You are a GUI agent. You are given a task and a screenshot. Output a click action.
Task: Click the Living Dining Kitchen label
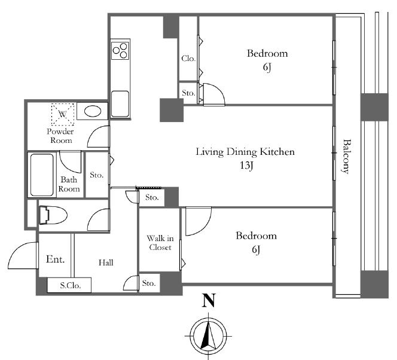click(x=245, y=152)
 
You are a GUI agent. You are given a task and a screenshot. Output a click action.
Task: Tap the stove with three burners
click(x=120, y=50)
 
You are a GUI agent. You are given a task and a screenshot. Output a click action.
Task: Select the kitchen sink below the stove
click(x=120, y=104)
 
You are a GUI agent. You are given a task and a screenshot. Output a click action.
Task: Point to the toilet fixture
click(x=53, y=215)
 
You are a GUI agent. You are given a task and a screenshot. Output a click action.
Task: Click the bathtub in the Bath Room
click(x=42, y=175)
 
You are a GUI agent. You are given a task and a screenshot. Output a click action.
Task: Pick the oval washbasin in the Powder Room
click(x=93, y=111)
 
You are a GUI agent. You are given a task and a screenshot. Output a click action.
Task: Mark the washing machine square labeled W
click(x=63, y=114)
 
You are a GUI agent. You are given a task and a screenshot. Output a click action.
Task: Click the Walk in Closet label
click(x=160, y=243)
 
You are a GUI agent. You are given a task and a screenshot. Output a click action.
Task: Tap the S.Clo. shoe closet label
click(x=71, y=286)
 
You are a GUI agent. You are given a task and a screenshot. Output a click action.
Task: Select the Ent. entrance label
click(x=56, y=259)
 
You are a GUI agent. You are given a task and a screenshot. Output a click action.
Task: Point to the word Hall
click(x=106, y=263)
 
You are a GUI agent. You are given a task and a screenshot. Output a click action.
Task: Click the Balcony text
click(x=346, y=156)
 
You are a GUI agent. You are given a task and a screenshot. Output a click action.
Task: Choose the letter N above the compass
click(x=209, y=300)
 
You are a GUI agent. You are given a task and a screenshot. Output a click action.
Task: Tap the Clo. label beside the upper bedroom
click(x=188, y=59)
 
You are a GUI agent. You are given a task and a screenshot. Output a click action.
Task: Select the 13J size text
click(x=247, y=166)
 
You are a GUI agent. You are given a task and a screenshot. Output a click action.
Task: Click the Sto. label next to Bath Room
click(x=97, y=175)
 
